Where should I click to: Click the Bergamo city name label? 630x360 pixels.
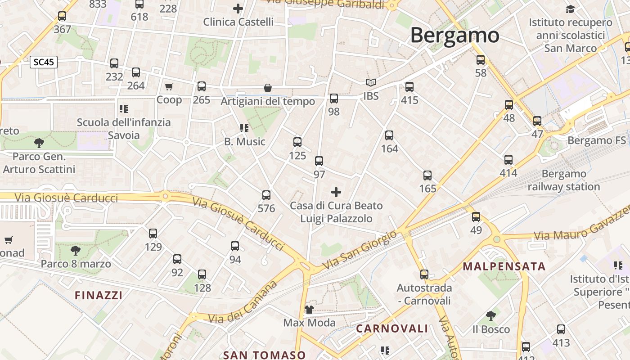tap(454, 35)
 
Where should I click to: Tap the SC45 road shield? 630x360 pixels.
tap(44, 62)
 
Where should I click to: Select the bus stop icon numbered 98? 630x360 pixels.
tap(333, 99)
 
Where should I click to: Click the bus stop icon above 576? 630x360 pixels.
tap(266, 195)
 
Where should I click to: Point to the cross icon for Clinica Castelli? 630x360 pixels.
tap(238, 9)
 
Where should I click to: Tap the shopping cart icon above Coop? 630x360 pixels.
tap(169, 86)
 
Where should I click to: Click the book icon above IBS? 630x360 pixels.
tap(371, 83)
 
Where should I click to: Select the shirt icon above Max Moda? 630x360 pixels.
tap(309, 309)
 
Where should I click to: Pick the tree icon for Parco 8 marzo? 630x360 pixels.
tap(76, 250)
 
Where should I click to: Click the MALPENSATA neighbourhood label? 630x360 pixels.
tap(504, 266)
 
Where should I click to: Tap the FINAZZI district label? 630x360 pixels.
tap(99, 295)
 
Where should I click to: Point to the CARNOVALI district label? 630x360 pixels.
tap(392, 328)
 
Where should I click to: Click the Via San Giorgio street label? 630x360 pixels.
tap(360, 250)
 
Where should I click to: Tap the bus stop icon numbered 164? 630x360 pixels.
tap(389, 135)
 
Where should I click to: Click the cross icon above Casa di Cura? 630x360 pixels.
tap(336, 193)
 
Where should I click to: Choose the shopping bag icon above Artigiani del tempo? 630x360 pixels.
tap(268, 88)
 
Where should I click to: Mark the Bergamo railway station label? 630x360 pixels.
tap(564, 180)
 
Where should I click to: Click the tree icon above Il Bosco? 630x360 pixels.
tap(491, 315)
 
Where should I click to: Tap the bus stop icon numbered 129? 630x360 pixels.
tap(153, 233)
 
